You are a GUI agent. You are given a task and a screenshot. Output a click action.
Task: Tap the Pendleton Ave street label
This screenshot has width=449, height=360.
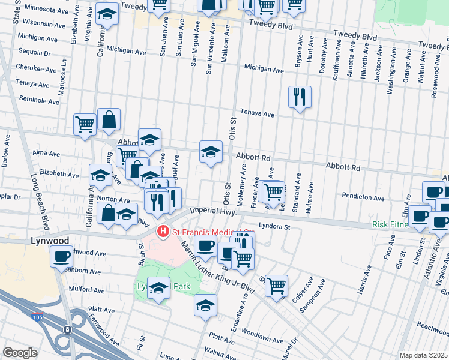point(363,197)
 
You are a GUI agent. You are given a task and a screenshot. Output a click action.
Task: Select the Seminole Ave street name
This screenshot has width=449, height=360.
point(40,101)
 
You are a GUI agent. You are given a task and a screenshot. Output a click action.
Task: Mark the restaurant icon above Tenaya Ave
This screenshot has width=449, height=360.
point(300,96)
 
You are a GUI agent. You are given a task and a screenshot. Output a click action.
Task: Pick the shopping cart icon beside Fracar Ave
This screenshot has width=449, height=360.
point(273,192)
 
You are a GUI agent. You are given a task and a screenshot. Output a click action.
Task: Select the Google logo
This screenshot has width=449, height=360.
point(20,353)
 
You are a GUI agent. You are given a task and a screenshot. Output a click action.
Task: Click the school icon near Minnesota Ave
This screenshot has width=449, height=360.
point(107,14)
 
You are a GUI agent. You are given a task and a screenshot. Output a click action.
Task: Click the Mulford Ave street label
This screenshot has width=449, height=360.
point(83,290)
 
